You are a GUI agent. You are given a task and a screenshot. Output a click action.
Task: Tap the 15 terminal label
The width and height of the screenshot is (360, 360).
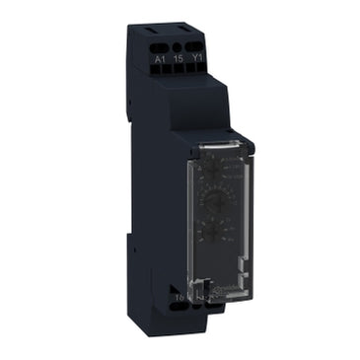[x=179, y=59]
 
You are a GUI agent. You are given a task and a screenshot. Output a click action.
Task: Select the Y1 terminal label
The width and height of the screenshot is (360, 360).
[x=196, y=59]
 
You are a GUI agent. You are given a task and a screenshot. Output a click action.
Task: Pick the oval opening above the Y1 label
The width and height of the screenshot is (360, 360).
[x=195, y=45]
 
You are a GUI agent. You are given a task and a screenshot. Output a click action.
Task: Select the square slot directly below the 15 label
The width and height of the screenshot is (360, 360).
[x=179, y=71]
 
